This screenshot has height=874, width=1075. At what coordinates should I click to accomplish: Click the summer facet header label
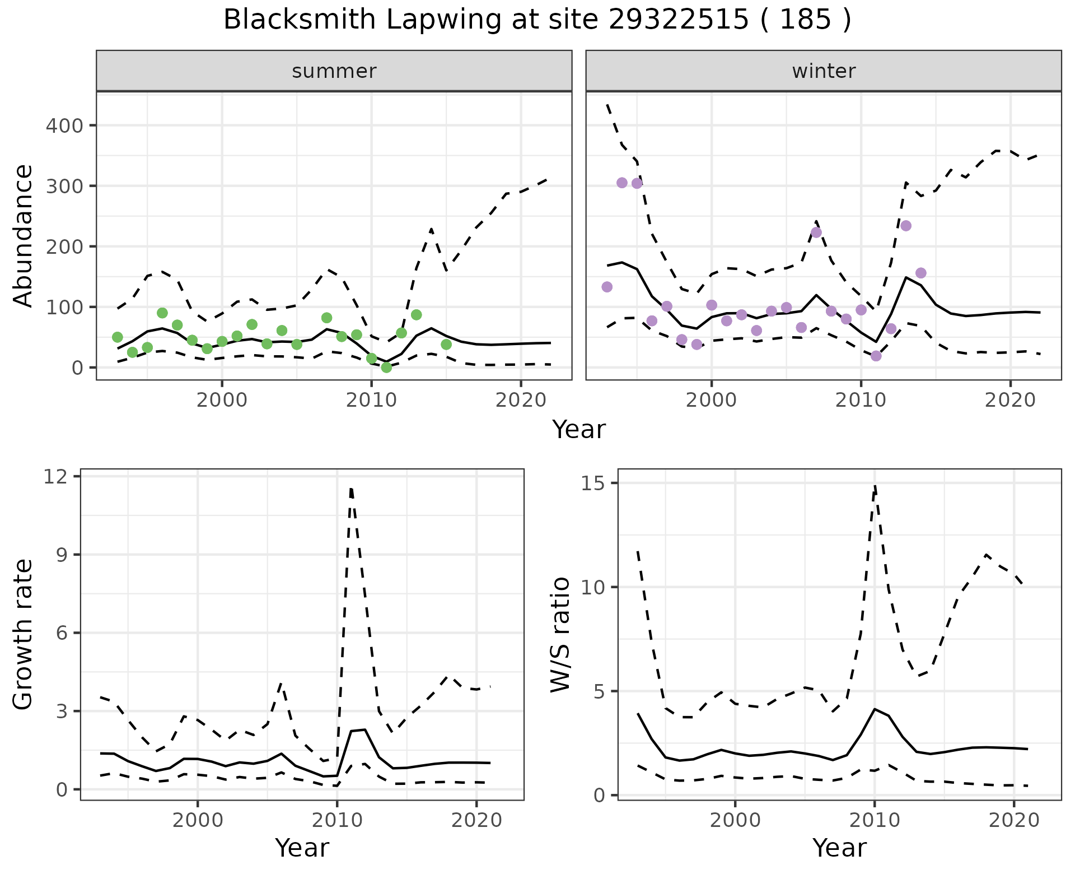(x=334, y=71)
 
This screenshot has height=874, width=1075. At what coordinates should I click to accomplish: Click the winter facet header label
(x=824, y=71)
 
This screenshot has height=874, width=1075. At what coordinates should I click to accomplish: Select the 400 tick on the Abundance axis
(x=63, y=125)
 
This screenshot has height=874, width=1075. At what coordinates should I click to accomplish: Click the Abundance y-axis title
(x=24, y=235)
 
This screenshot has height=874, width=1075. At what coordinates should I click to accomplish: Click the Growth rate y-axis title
(x=24, y=635)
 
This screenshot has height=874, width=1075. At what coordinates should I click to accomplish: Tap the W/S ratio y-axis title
(x=560, y=635)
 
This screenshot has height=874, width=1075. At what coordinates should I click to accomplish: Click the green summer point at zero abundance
(x=386, y=368)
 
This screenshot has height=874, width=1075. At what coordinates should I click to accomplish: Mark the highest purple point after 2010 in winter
(x=906, y=226)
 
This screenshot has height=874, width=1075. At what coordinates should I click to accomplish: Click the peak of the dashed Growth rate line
(x=351, y=489)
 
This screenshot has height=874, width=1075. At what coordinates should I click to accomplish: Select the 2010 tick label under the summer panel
(x=371, y=401)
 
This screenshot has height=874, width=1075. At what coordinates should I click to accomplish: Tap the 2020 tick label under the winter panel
(x=1011, y=401)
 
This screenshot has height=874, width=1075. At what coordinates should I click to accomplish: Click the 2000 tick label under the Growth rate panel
(x=197, y=821)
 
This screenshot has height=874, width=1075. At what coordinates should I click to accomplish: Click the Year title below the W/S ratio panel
(x=839, y=848)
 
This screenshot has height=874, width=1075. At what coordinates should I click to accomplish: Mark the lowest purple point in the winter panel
(x=876, y=356)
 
